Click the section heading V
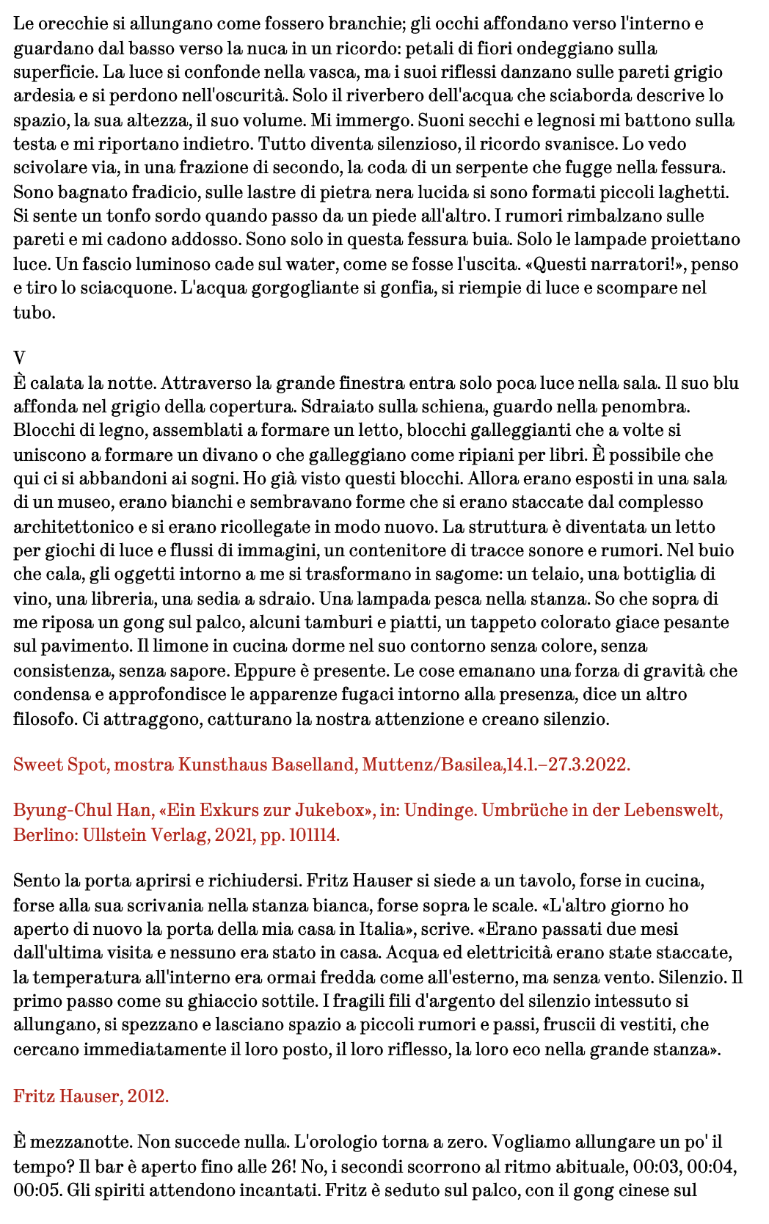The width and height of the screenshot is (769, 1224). point(19,358)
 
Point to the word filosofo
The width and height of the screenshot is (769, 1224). point(45,718)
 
